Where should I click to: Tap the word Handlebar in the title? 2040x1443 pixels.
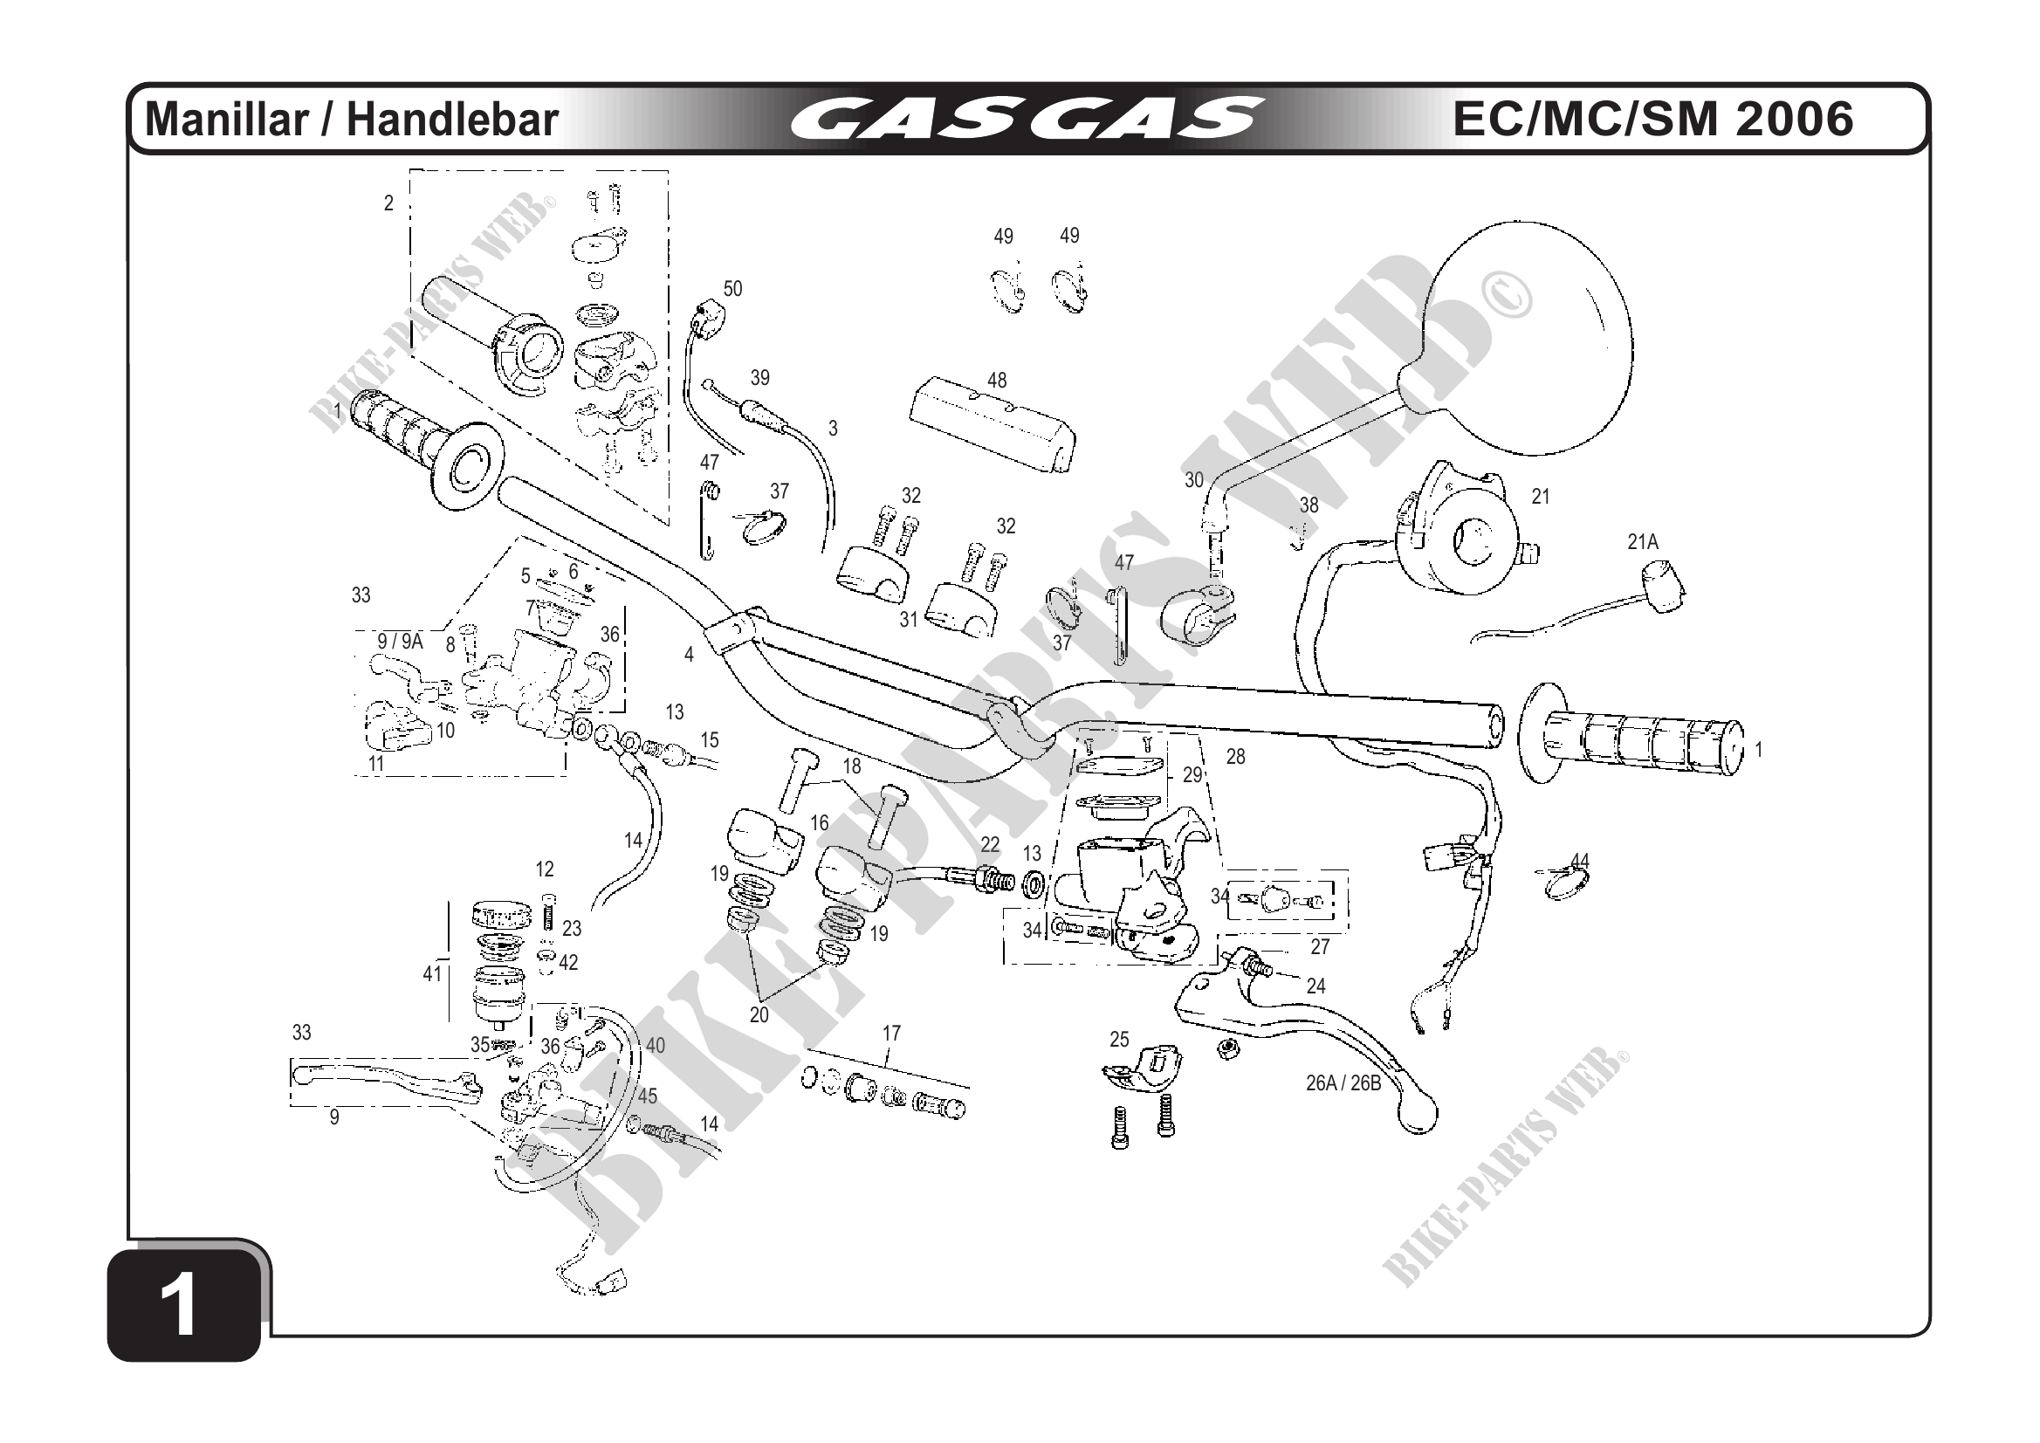click(452, 120)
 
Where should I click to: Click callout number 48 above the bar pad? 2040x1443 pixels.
click(997, 381)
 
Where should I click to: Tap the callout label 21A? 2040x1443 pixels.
click(1643, 542)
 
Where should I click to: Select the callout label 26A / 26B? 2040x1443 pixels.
click(1343, 1083)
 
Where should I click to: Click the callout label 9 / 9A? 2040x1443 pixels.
click(400, 641)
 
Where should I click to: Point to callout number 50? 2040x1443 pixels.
click(732, 289)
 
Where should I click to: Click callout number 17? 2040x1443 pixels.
click(891, 1034)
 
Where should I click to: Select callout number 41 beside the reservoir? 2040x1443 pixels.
click(432, 974)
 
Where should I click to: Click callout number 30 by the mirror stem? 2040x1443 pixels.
click(1193, 480)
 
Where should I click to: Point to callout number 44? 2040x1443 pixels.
click(1580, 860)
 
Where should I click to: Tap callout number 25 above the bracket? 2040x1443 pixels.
click(1119, 1039)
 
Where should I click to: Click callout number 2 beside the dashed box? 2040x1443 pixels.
click(388, 203)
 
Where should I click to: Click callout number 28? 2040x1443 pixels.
click(1236, 756)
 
